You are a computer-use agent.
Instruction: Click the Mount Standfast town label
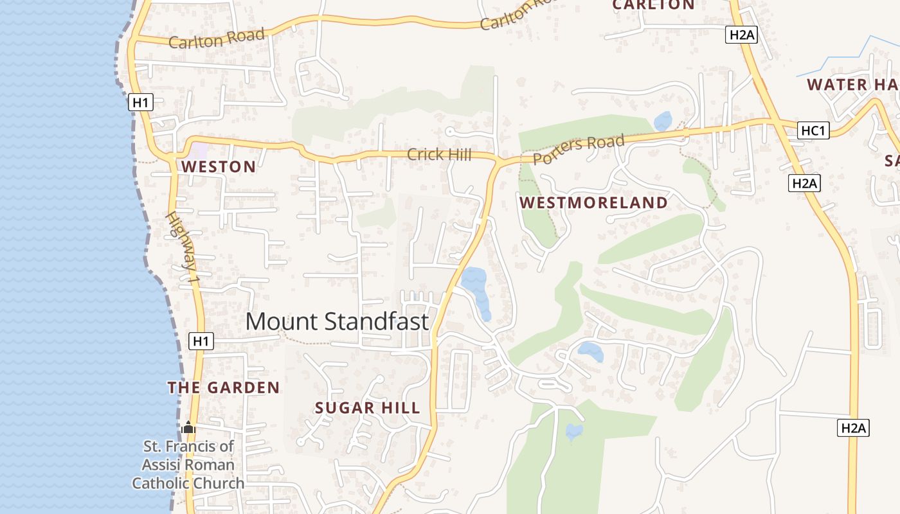coord(337,321)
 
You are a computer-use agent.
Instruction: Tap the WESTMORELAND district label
coord(593,203)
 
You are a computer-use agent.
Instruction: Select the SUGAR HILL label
coord(367,408)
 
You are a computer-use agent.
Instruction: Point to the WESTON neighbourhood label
coord(219,167)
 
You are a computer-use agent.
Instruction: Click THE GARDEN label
coord(224,388)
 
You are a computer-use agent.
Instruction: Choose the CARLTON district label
coord(653,5)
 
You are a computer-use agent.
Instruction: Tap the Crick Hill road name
coord(439,155)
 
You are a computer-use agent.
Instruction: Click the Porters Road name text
coord(579,149)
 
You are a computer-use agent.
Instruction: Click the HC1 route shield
coord(813,131)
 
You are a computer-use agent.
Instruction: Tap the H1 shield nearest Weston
coord(141,102)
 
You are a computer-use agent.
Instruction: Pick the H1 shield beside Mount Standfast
coord(201,341)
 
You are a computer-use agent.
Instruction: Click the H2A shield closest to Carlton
coord(741,35)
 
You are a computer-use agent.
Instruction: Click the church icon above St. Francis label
coord(188,427)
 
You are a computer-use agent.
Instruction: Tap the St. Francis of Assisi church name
coord(188,465)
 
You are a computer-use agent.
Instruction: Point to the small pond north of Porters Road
coord(662,121)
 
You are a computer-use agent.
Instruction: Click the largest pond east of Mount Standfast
coord(476,289)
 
